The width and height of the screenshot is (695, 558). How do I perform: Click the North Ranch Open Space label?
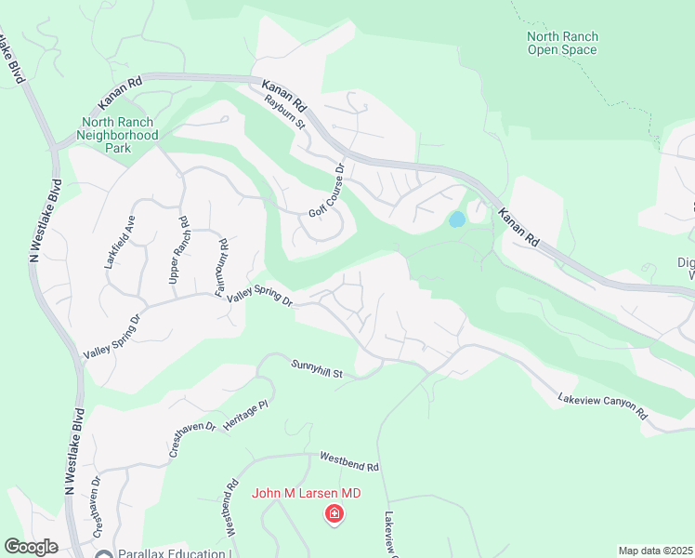coord(562,44)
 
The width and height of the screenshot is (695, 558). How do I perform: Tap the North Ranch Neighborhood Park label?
coord(119,135)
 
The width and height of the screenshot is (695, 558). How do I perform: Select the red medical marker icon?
coord(334,513)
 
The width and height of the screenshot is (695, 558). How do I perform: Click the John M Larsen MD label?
coord(306,493)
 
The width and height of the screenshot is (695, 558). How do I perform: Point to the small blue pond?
coord(456,220)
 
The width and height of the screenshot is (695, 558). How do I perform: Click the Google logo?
coord(31,547)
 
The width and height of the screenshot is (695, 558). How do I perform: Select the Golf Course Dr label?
coord(326,191)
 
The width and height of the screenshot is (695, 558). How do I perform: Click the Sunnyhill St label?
coord(317,369)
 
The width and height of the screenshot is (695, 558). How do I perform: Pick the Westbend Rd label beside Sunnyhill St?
coord(349,460)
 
